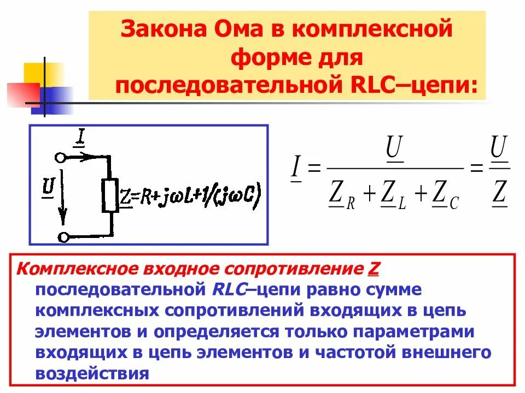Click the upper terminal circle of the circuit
click(61, 157)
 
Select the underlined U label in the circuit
click(48, 188)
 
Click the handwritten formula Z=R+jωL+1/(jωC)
click(191, 196)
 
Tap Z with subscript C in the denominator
click(442, 194)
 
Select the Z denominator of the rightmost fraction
click(499, 194)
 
